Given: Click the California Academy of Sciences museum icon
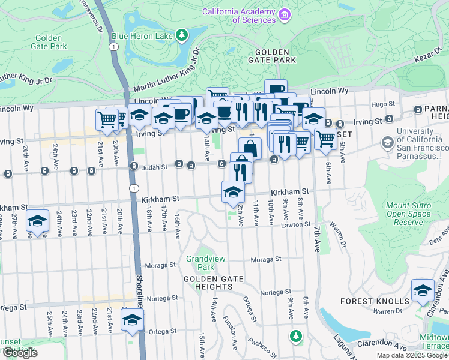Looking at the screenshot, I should (x=285, y=14).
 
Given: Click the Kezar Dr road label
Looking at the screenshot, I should (x=427, y=59).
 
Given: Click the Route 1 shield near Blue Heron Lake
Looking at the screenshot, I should (x=113, y=46).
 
